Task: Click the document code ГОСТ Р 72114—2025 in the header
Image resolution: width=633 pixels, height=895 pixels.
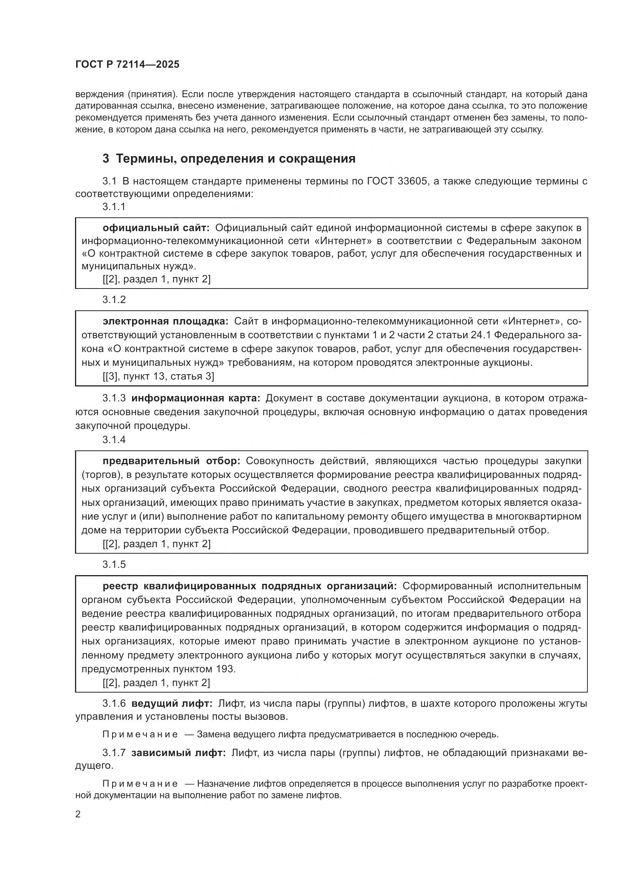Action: coord(127,65)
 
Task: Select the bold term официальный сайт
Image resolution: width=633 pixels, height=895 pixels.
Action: coord(156,228)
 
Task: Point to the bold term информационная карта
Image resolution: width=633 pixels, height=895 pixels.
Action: coord(196,398)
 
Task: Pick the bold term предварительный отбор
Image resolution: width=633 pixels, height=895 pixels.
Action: coord(171,461)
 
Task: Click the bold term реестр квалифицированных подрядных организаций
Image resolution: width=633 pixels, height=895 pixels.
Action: coord(250,586)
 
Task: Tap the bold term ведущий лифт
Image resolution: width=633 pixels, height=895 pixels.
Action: coord(172,704)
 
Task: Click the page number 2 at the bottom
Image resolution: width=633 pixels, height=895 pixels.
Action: coord(78,814)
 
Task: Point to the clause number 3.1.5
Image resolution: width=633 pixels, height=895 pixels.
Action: coord(114,564)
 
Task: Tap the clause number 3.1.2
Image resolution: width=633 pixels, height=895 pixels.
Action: coord(114,299)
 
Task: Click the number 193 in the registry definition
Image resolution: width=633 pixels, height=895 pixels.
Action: coord(225,669)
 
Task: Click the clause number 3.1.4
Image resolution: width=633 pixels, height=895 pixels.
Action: coord(114,439)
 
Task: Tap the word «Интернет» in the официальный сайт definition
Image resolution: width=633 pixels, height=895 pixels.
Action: coord(347,241)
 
